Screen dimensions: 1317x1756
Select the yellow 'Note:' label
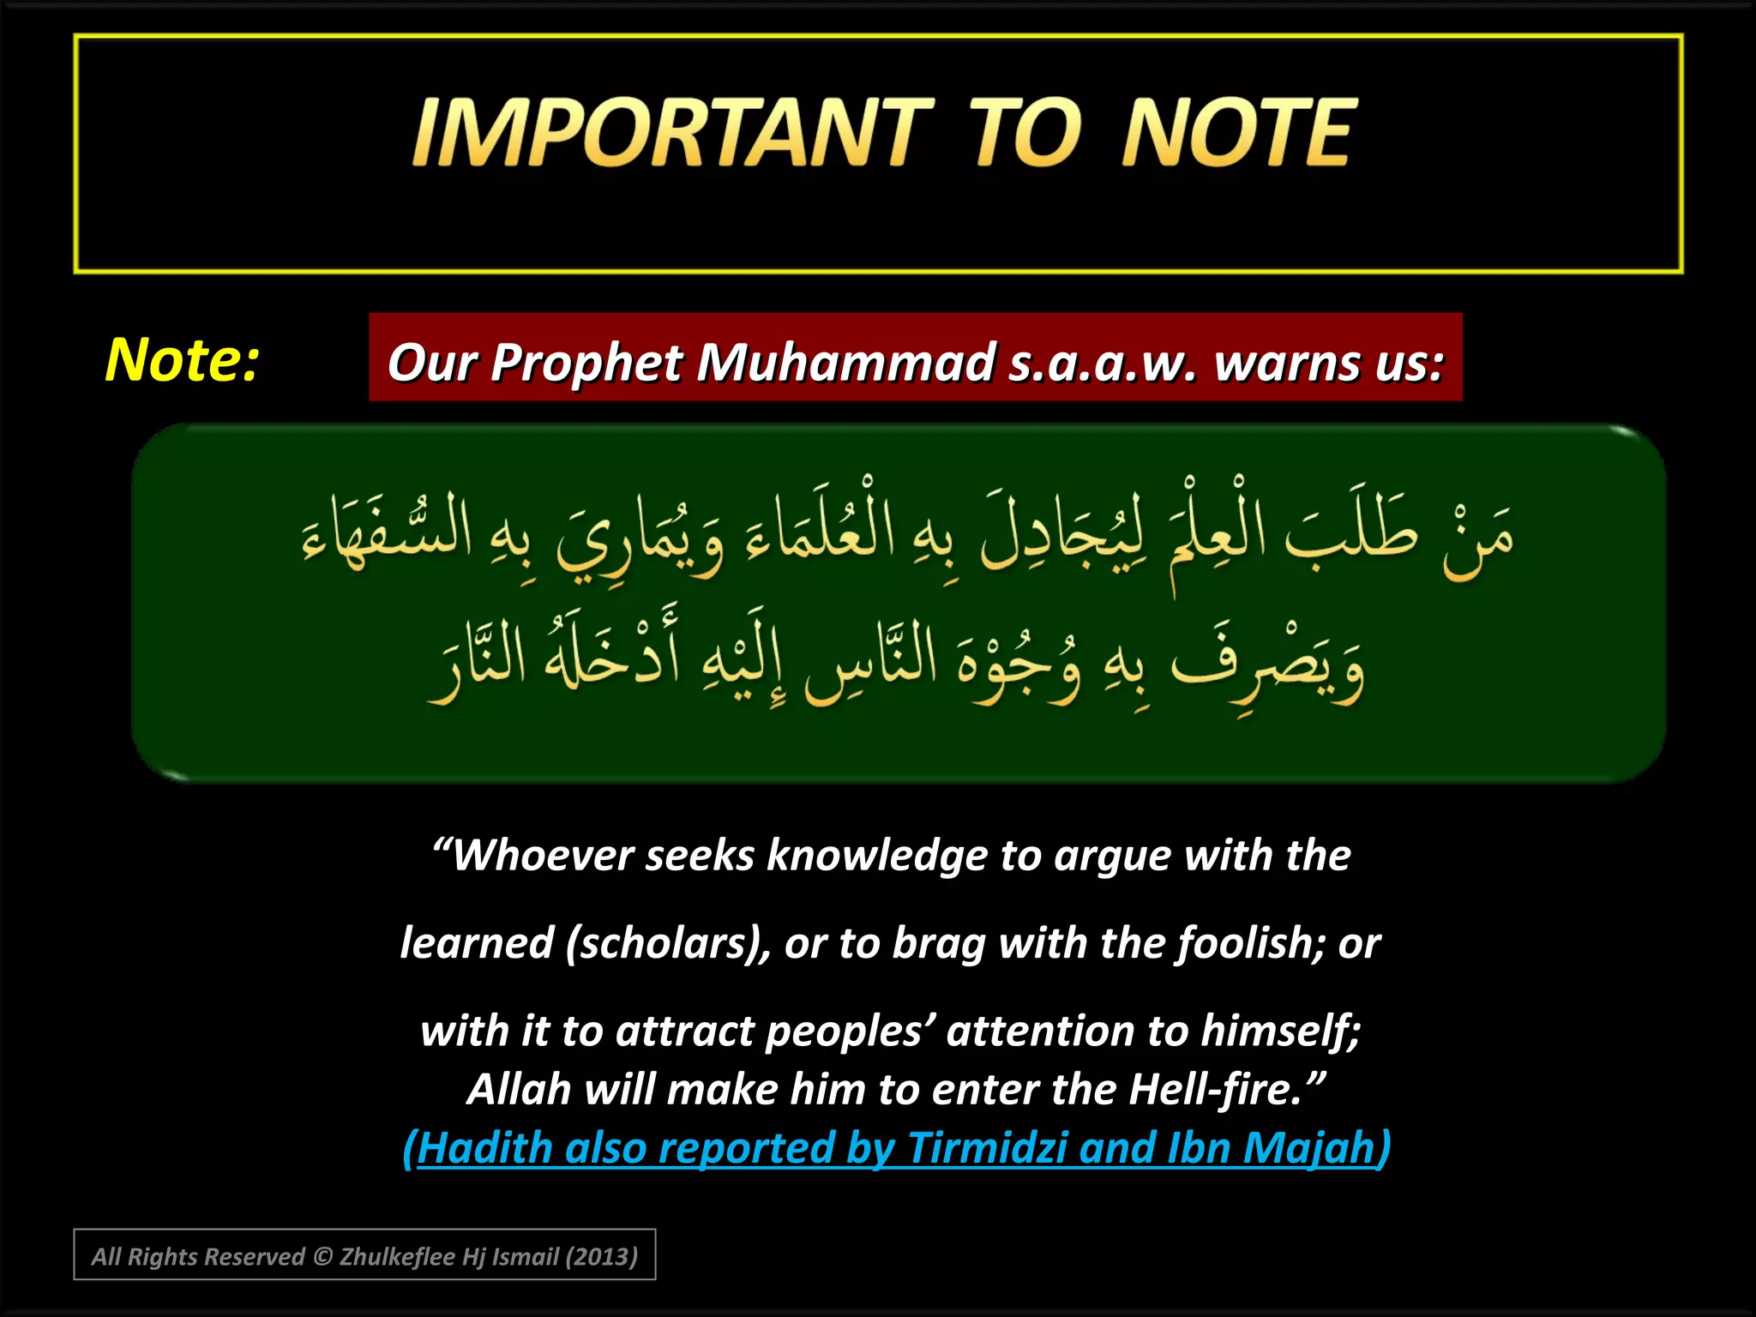(182, 359)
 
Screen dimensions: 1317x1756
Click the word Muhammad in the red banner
(845, 362)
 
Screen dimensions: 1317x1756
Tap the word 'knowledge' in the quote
(876, 855)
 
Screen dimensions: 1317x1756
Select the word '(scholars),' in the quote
(669, 942)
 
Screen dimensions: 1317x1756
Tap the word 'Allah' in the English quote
(519, 1090)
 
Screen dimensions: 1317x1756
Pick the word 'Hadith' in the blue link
(484, 1148)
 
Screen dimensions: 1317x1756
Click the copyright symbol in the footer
(322, 1257)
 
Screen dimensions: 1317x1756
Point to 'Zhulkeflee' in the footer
(397, 1257)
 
